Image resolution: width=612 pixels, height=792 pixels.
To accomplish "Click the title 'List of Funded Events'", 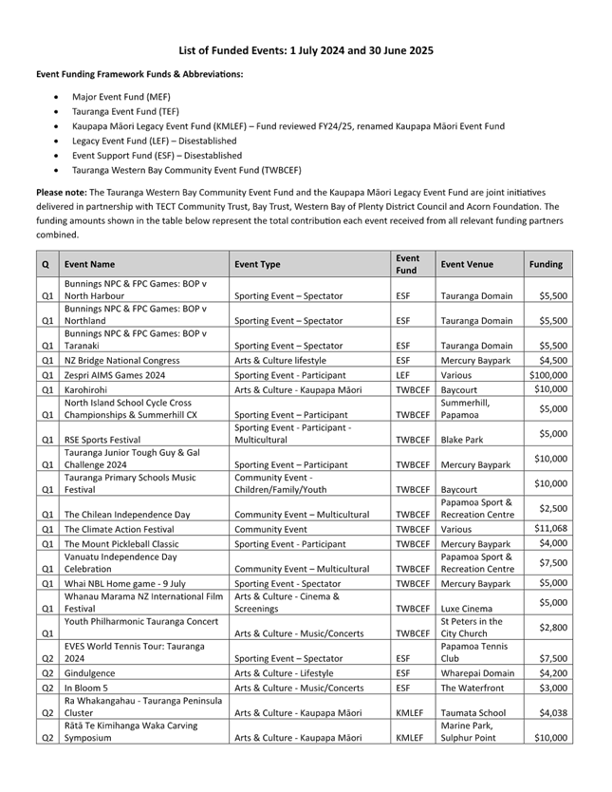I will (306, 49).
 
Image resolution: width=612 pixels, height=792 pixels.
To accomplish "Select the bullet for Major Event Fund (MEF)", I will (121, 97).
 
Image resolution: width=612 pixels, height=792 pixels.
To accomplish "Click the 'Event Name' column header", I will (89, 265).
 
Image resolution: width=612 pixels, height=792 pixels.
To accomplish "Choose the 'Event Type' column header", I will (257, 265).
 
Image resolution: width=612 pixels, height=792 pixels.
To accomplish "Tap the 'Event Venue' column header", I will (467, 265).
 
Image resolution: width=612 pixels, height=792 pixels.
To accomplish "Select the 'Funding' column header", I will (547, 265).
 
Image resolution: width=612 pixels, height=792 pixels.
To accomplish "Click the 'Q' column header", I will (46, 265).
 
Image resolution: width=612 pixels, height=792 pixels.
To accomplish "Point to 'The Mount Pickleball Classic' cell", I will (121, 544).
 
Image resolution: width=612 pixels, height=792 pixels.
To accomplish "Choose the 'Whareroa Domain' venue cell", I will (476, 672).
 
